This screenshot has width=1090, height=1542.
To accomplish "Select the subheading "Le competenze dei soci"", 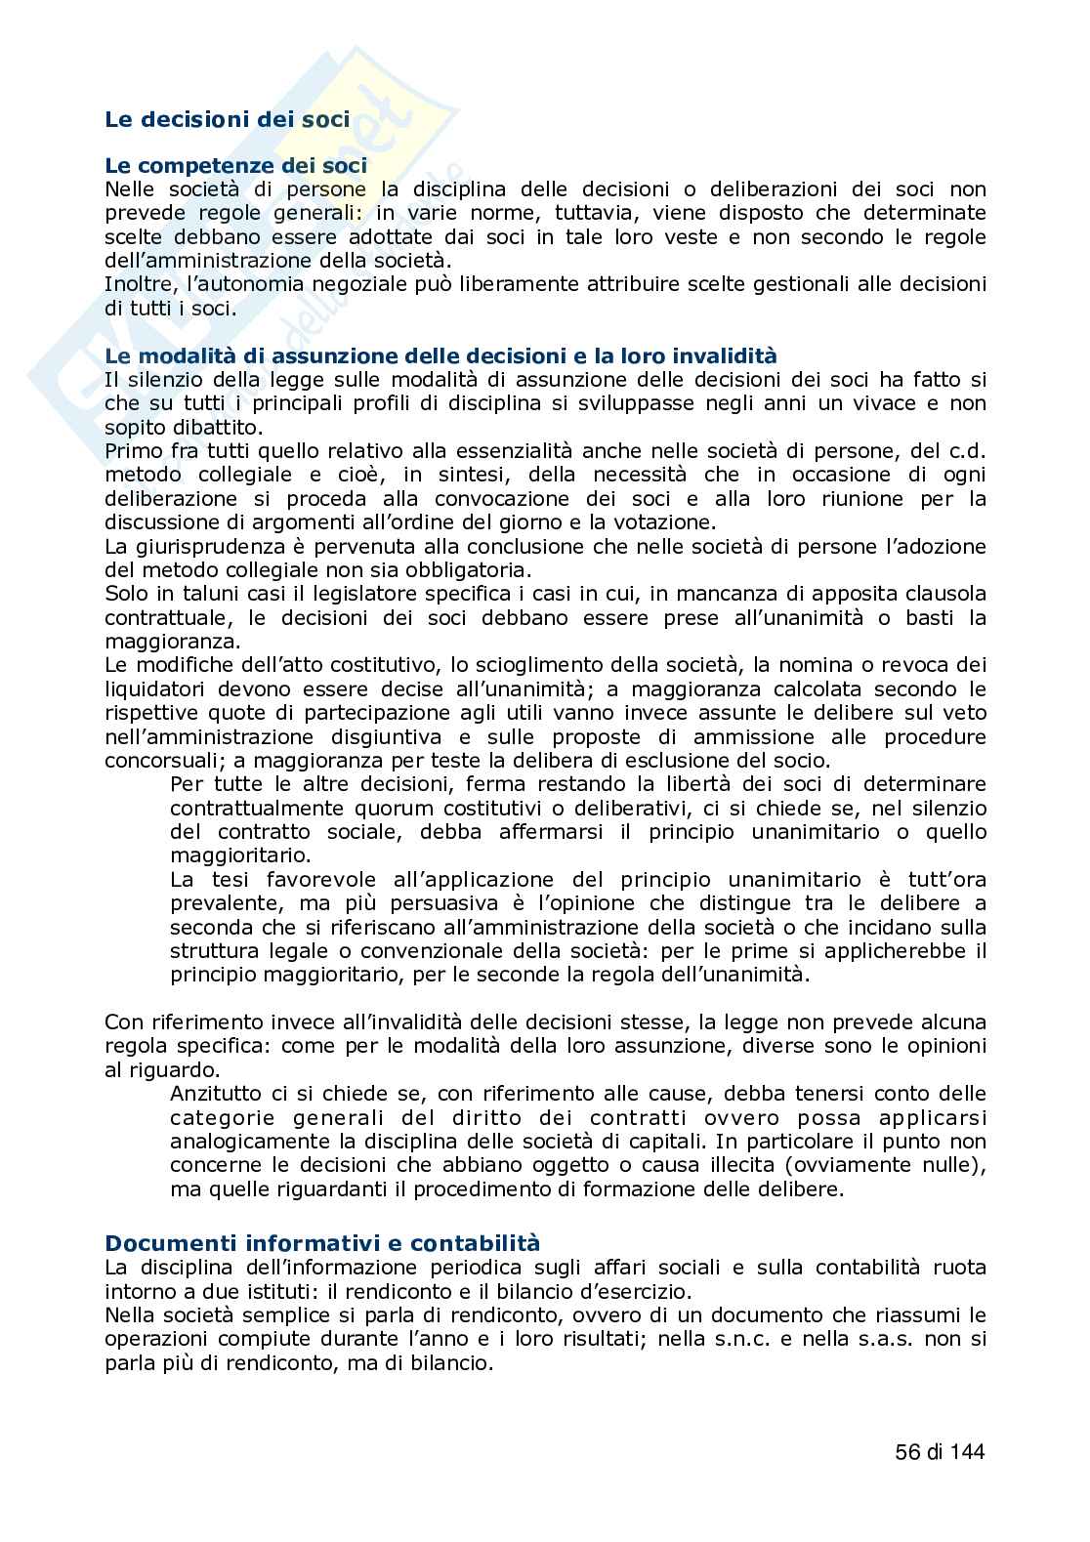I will tap(235, 167).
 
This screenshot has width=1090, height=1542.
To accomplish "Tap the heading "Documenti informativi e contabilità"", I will tap(322, 1243).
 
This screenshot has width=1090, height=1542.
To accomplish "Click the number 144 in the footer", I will tap(966, 1452).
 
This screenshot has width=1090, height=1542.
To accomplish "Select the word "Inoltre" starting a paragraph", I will tap(136, 284).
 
